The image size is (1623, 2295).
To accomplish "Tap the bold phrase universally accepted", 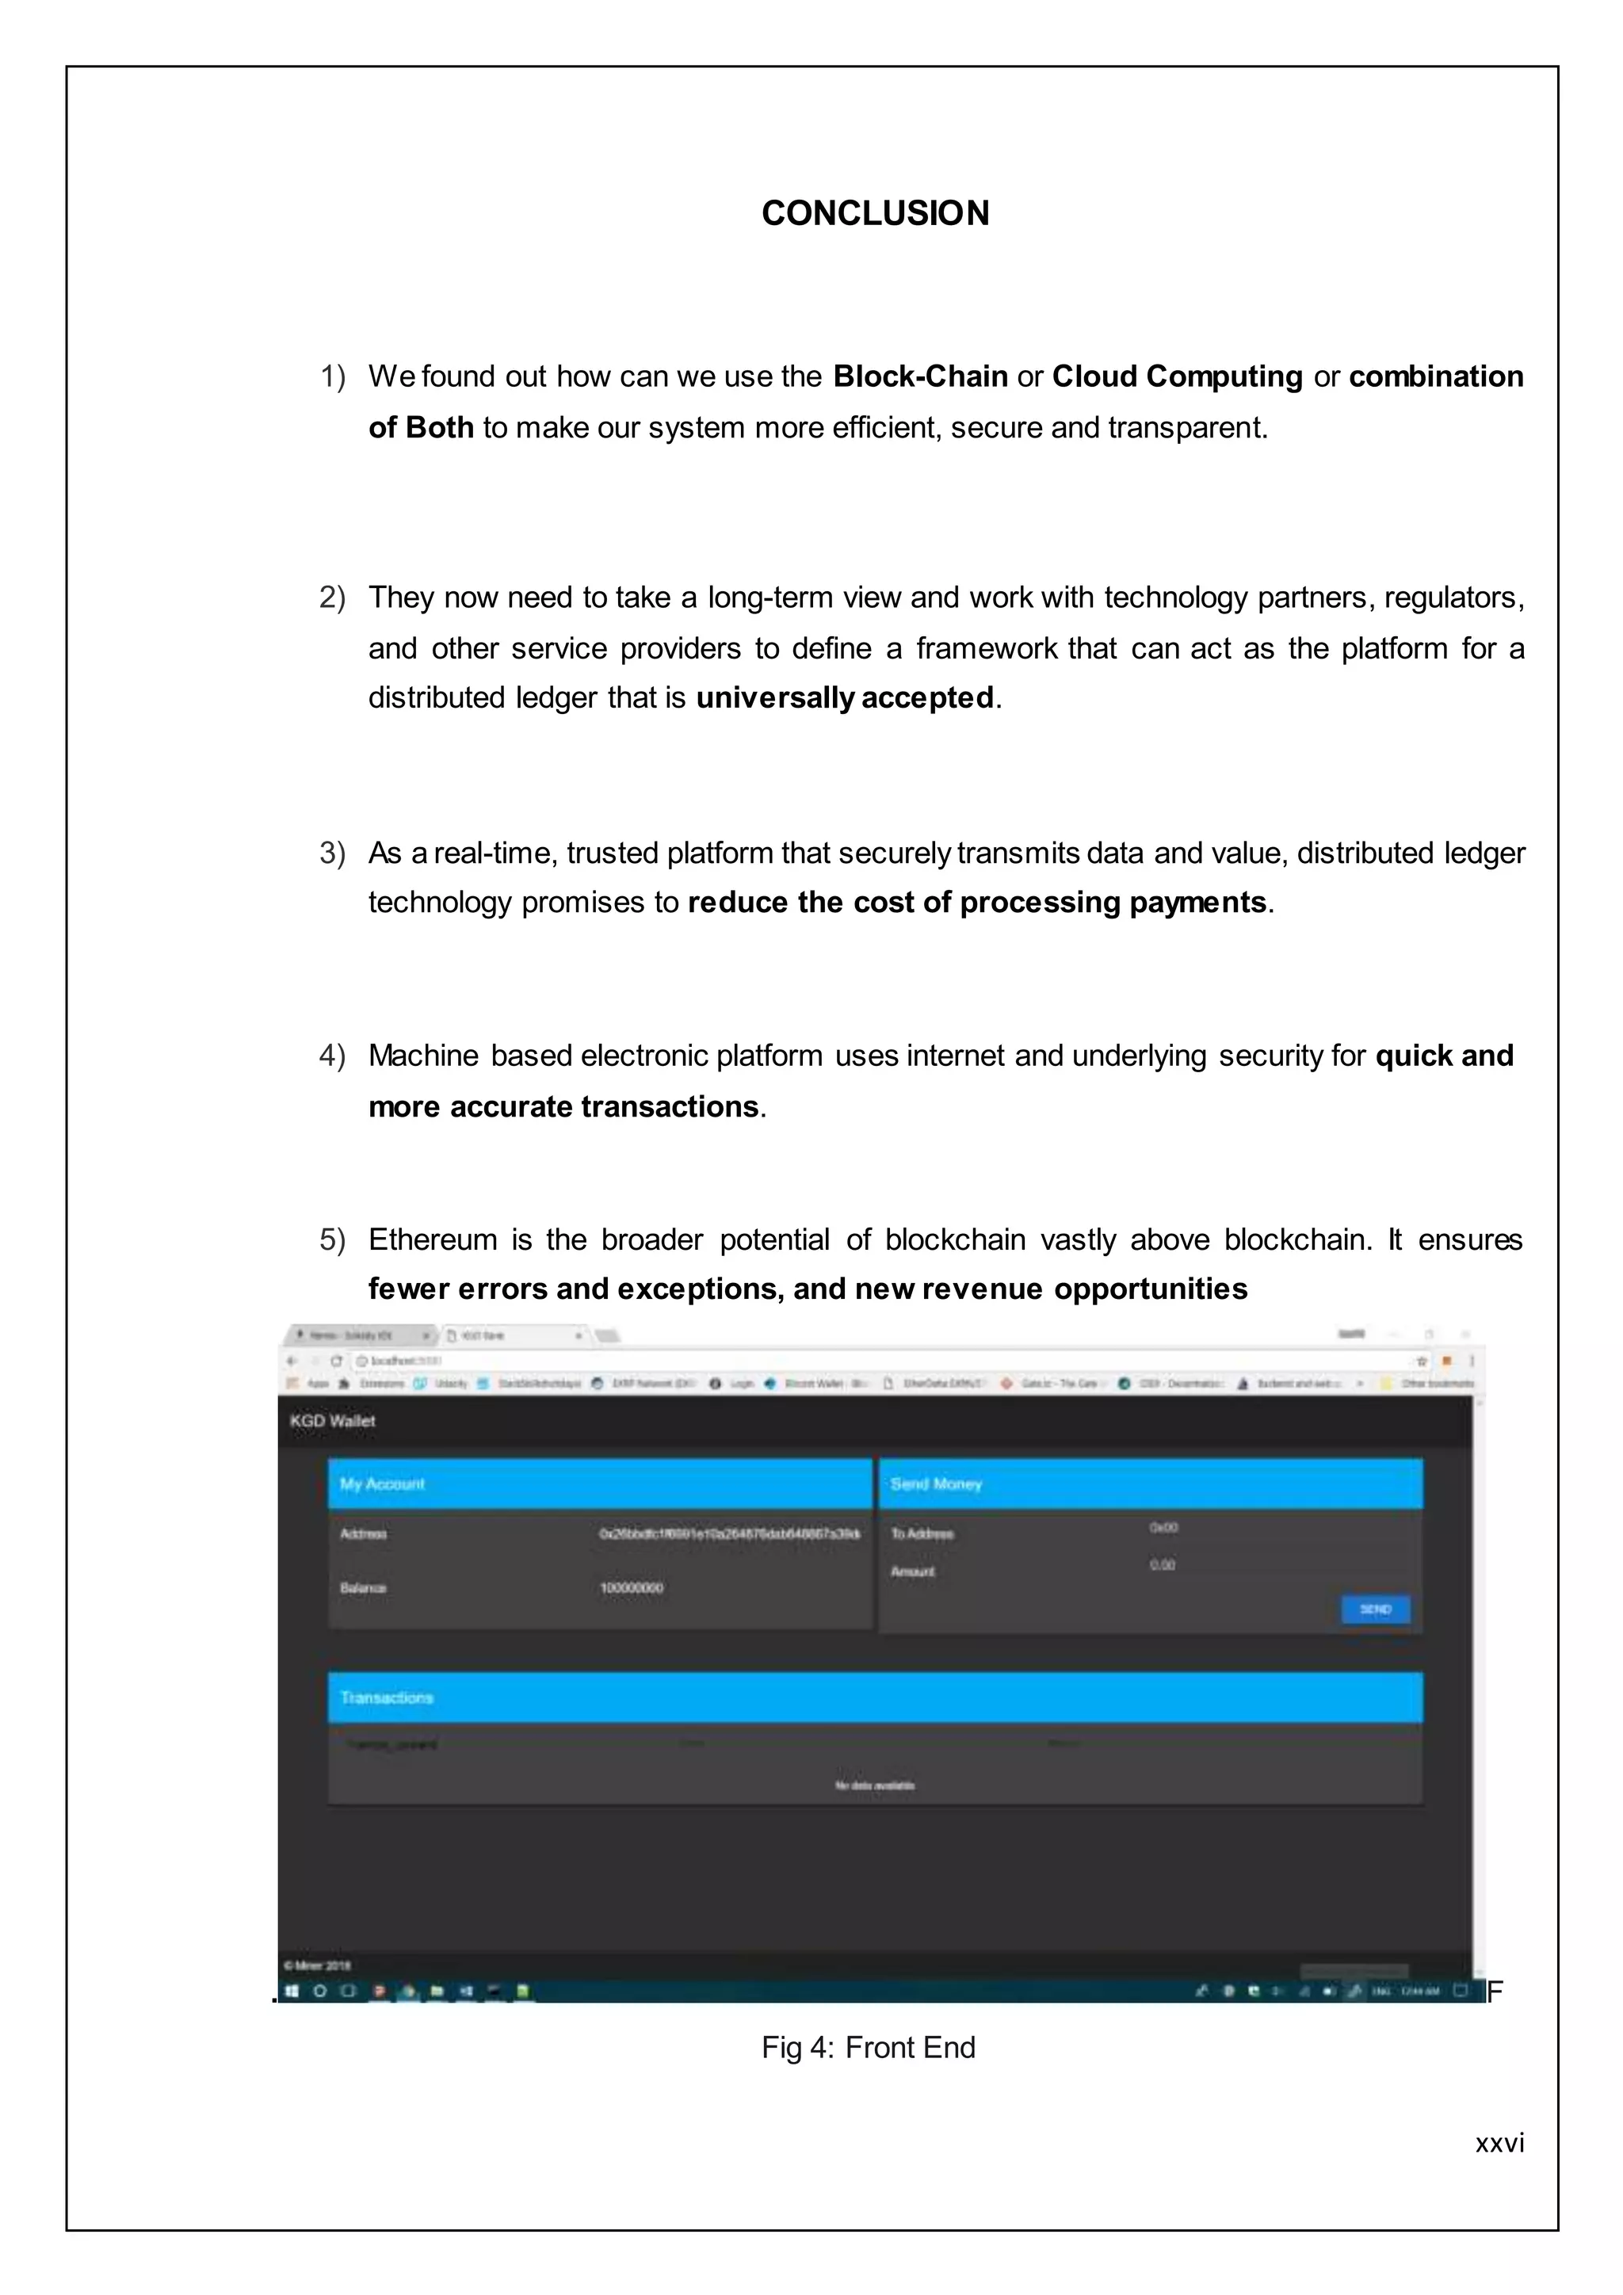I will [x=845, y=697].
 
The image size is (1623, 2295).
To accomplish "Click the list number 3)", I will [x=332, y=853].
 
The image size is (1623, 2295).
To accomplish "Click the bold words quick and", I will [x=1443, y=1056].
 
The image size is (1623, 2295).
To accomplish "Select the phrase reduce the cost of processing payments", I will [x=976, y=902].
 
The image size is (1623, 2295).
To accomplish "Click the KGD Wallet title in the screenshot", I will [x=333, y=1420].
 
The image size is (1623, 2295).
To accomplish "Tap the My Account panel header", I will [x=383, y=1484].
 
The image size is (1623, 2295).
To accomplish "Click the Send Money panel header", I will [x=937, y=1484].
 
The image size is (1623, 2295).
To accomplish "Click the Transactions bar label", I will [x=387, y=1698].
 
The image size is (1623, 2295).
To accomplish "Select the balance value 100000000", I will [x=631, y=1588].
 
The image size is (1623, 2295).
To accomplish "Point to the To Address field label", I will [x=922, y=1534].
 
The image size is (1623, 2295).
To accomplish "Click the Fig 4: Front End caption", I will [x=868, y=2048].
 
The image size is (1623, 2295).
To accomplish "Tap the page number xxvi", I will [x=1499, y=2143].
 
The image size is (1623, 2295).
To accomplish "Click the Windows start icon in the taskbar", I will [x=292, y=1991].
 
